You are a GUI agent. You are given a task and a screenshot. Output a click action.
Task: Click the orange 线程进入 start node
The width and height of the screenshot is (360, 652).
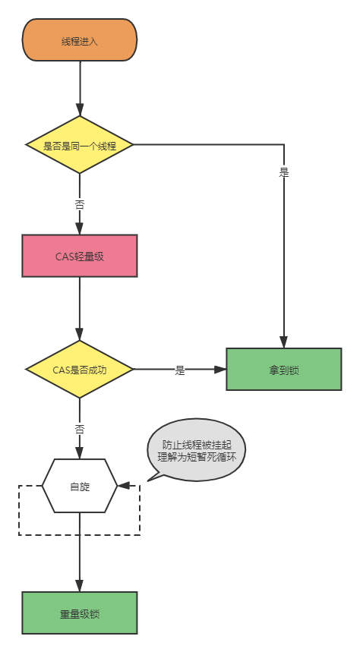point(79,40)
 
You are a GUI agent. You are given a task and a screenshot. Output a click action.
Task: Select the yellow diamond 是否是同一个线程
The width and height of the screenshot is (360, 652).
point(79,144)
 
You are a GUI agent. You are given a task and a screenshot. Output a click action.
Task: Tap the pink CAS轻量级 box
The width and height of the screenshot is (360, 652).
point(79,256)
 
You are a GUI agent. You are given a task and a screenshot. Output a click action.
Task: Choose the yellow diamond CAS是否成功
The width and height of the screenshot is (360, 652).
point(79,370)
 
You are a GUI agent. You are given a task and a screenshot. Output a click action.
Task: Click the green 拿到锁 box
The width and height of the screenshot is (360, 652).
point(283,369)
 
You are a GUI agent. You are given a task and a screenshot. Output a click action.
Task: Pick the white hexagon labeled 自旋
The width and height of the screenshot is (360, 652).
point(79,486)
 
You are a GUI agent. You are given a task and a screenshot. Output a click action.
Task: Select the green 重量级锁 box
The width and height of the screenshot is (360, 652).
point(79,613)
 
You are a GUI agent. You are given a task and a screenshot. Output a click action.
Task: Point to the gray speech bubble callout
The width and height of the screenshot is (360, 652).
point(196,451)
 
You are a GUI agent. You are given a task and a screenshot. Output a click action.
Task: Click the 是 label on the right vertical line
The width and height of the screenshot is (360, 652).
point(284,172)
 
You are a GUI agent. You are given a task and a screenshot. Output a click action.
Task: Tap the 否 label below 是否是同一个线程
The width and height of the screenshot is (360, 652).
point(79,204)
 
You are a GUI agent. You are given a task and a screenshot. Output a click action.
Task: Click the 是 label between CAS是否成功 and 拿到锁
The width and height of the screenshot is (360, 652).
point(180,370)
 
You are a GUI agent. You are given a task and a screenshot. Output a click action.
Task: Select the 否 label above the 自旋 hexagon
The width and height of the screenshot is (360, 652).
point(79,428)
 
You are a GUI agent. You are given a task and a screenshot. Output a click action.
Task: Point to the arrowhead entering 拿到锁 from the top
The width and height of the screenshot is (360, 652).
point(284,342)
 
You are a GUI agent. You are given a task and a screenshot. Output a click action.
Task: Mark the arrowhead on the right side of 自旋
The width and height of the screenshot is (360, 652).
point(123,486)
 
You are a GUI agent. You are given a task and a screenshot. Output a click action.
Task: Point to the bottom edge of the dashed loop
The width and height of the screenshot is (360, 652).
point(79,535)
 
